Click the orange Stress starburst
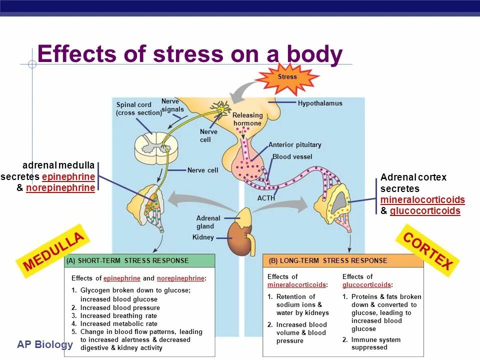pyautogui.click(x=287, y=77)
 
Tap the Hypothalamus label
pyautogui.click(x=320, y=103)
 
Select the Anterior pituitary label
pyautogui.click(x=294, y=145)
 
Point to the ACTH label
pyautogui.click(x=266, y=198)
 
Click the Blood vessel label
pyautogui.click(x=292, y=157)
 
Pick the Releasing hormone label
pyautogui.click(x=247, y=119)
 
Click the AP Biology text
pyautogui.click(x=45, y=344)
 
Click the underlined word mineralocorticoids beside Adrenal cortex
pyautogui.click(x=422, y=200)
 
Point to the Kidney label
pyautogui.click(x=203, y=237)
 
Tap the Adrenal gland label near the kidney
pyautogui.click(x=208, y=222)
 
